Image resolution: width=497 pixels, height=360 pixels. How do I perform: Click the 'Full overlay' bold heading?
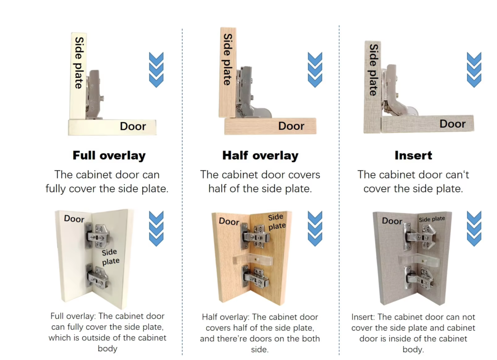tap(109, 155)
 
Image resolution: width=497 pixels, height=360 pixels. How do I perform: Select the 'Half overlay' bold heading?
tap(260, 155)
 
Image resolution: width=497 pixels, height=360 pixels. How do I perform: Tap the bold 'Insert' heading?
tap(414, 155)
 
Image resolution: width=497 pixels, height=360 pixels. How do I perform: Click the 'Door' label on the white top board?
tap(133, 126)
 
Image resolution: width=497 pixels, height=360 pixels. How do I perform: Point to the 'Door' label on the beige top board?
tap(291, 126)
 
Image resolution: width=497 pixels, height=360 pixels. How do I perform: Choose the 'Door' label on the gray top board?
tap(453, 124)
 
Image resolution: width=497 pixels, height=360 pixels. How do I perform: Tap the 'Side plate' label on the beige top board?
tap(228, 59)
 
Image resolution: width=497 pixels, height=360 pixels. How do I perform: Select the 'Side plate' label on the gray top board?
tap(373, 70)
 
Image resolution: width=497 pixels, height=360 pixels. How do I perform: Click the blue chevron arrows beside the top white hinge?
tap(156, 70)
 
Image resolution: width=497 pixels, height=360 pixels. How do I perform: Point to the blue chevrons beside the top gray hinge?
tap(474, 70)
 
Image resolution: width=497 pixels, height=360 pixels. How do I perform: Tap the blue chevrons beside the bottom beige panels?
tap(315, 229)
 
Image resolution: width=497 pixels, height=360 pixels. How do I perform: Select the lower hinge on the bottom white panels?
tap(98, 277)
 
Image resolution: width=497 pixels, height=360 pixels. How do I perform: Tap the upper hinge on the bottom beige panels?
tap(256, 236)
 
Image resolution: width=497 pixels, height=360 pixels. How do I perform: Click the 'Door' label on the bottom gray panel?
tap(392, 221)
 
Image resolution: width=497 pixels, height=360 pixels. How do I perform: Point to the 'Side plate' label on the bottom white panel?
tap(110, 257)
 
